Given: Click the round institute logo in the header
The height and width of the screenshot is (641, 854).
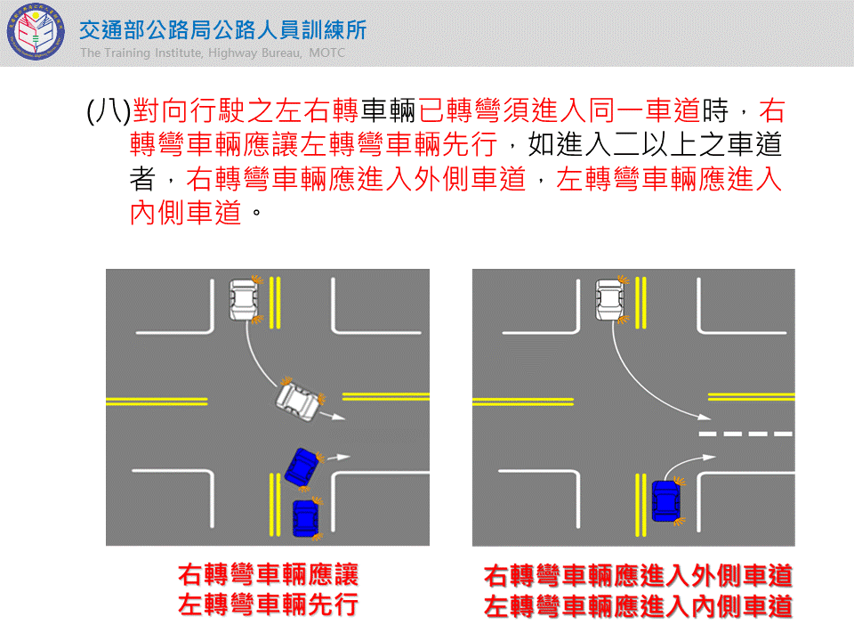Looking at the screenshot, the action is point(36,32).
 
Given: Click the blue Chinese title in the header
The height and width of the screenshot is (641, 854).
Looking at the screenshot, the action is point(222,30).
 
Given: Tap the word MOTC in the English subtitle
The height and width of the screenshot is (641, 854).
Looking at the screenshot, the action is point(326,53).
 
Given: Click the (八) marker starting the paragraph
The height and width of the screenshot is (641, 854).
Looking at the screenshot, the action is point(109,110).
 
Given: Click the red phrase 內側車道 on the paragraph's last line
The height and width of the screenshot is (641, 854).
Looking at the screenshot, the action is point(185,213).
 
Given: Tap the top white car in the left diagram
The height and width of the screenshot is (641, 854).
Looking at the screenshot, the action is point(244,299).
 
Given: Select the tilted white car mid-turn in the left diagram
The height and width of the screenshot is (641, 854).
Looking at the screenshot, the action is point(299,402).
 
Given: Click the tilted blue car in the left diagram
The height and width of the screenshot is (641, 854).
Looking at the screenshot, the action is point(302,467).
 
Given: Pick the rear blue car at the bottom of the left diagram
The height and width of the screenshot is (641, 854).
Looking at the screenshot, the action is point(305,518).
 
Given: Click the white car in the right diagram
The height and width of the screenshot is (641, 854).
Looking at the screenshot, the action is point(609,299).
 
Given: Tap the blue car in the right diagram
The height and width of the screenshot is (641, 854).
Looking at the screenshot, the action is point(665,501).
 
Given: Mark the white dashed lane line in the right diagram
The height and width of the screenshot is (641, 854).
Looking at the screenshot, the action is point(745,434).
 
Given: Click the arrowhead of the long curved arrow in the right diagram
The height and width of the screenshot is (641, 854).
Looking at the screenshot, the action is point(705,418).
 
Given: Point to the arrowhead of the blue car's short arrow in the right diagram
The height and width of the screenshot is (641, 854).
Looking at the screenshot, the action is point(709,458).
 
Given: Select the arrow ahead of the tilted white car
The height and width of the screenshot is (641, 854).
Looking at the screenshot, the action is point(333,417).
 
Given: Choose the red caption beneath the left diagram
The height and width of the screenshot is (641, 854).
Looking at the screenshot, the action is point(268,589).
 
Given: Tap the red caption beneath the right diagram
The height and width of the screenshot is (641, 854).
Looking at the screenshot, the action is point(638,591).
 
